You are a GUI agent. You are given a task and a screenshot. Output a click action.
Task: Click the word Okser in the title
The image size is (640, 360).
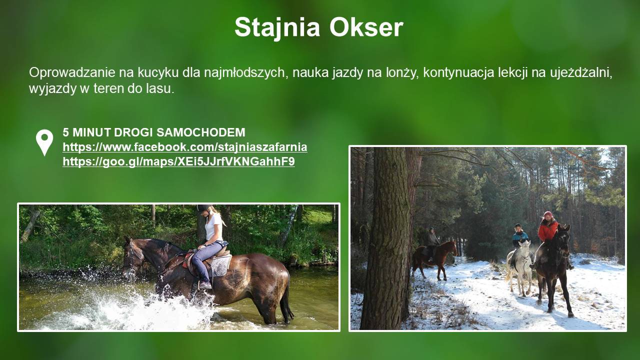tap(366, 27)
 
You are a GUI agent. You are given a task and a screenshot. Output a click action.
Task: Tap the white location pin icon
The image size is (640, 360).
tap(44, 142)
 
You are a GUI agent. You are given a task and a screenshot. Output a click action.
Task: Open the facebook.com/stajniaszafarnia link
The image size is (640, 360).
tap(185, 147)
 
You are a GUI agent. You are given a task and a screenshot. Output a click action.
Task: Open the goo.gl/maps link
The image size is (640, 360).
tap(178, 161)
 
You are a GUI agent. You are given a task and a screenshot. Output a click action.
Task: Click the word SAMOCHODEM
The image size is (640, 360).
tap(201, 132)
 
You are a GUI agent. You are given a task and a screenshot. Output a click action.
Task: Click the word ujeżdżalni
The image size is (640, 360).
tap(581, 73)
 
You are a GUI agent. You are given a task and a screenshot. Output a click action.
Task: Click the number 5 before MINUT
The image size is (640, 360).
tap(65, 132)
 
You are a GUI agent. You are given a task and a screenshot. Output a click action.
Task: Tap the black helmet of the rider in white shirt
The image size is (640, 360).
tap(203, 208)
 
